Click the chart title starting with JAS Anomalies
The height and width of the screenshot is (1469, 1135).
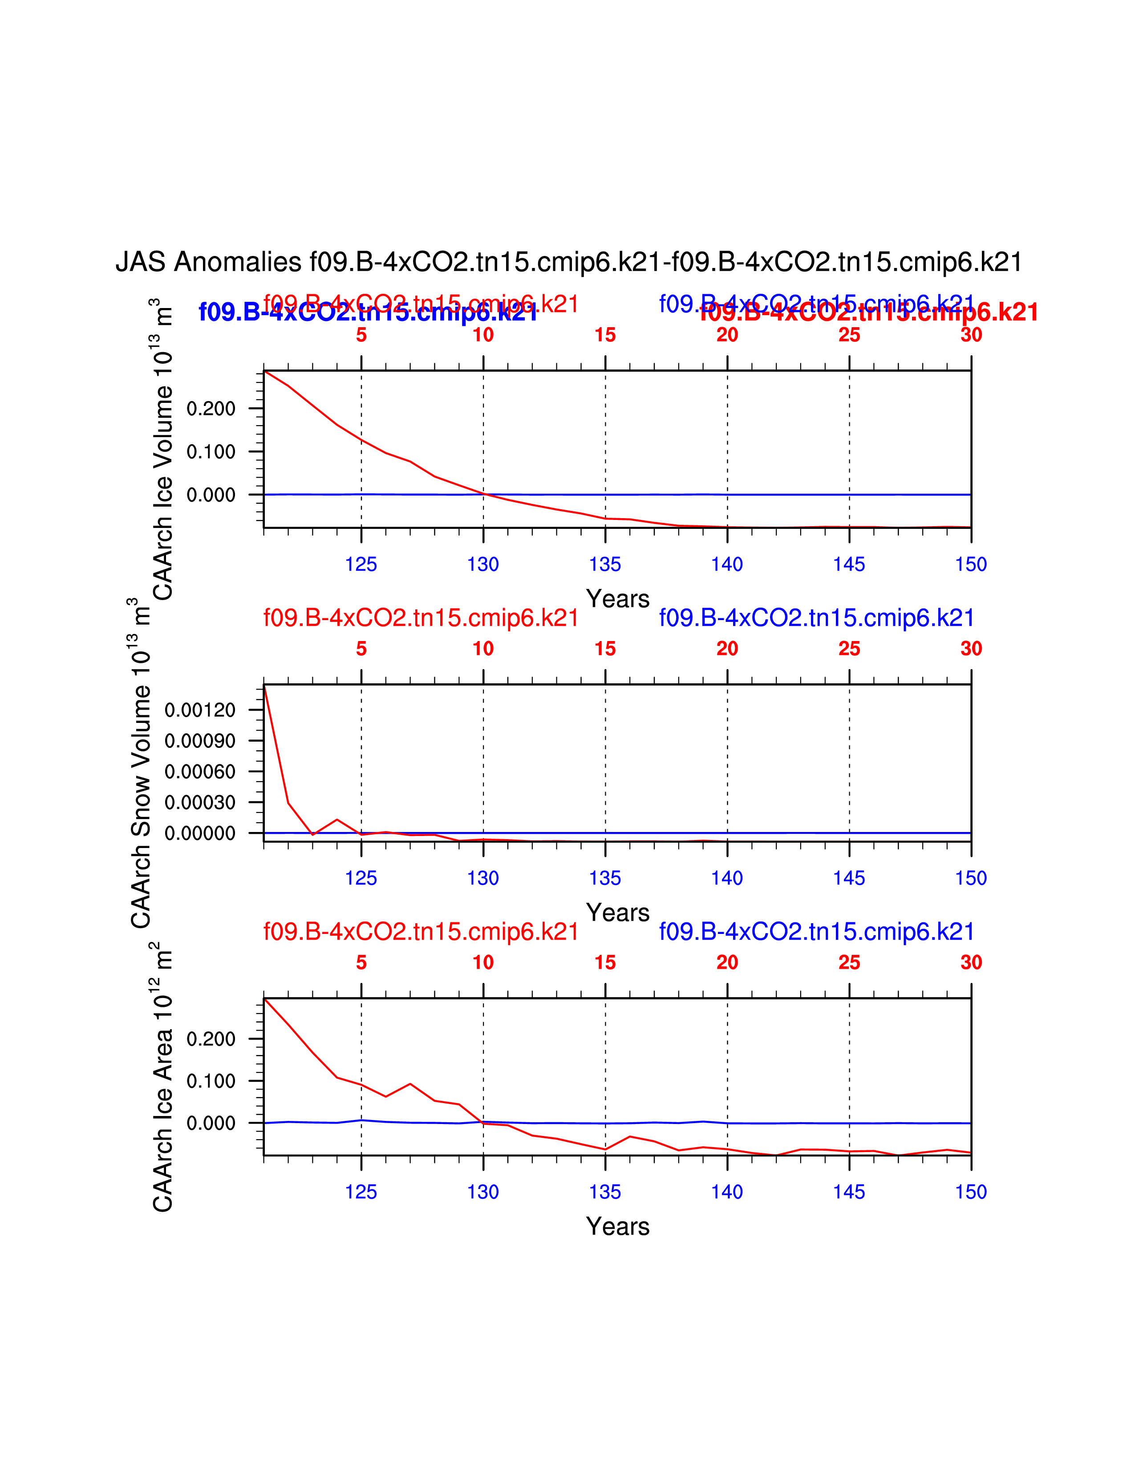pyautogui.click(x=569, y=262)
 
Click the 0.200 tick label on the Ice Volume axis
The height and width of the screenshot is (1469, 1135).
pyautogui.click(x=211, y=409)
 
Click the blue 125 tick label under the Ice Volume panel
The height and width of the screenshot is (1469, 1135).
pyautogui.click(x=361, y=564)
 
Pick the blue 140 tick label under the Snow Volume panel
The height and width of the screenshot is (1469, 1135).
pyautogui.click(x=727, y=878)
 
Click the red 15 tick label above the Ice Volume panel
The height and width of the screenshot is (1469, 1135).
pyautogui.click(x=605, y=335)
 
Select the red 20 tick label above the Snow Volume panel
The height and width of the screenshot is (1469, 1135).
pyautogui.click(x=727, y=649)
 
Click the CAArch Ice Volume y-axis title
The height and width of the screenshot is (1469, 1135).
pyautogui.click(x=163, y=449)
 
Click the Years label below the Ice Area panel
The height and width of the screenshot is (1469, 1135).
pyautogui.click(x=617, y=1227)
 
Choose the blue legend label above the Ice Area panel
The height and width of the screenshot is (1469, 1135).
pyautogui.click(x=816, y=932)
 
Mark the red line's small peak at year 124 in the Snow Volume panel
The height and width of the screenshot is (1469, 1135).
pyautogui.click(x=337, y=819)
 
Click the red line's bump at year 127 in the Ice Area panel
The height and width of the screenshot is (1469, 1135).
pyautogui.click(x=410, y=1083)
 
